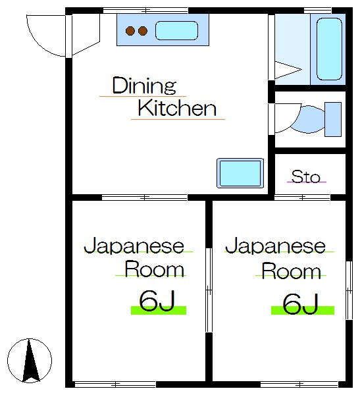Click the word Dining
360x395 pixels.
144,86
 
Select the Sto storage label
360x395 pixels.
305,176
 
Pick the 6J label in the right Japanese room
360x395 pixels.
301,303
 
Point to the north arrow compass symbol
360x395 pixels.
29,360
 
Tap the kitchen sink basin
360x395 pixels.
176,31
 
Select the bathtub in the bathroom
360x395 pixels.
330,49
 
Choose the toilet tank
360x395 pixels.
334,119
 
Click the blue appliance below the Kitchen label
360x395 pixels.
240,173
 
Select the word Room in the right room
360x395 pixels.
291,271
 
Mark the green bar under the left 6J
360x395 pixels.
158,310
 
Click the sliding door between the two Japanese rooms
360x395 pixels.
209,290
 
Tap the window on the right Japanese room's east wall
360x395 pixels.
348,290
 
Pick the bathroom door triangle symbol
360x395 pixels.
286,68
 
